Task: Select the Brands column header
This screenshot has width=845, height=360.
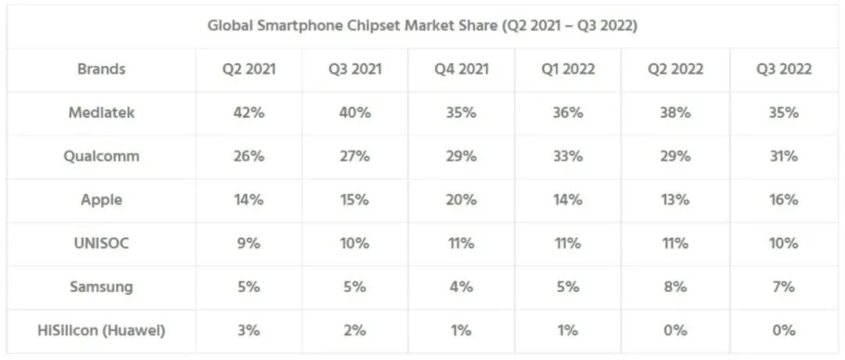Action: [101, 69]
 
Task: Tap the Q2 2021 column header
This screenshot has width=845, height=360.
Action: [249, 69]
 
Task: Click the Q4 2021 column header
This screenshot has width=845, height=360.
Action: [462, 69]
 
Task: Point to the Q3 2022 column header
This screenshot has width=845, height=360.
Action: [783, 69]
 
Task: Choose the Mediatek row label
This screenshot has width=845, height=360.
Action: [101, 113]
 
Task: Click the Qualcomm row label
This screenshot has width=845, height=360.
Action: [101, 157]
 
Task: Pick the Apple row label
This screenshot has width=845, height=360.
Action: [101, 200]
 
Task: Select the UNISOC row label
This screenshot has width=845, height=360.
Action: [101, 243]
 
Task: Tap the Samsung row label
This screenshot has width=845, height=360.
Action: [101, 286]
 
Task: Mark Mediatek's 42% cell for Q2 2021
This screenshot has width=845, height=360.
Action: [249, 113]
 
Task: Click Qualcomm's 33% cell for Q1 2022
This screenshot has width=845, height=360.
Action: [567, 157]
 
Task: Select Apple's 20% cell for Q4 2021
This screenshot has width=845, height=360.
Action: [462, 200]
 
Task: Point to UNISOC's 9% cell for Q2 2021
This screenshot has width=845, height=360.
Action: [249, 243]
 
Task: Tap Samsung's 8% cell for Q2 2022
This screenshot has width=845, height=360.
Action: [676, 286]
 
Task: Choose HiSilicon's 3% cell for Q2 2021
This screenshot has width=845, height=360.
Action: [249, 330]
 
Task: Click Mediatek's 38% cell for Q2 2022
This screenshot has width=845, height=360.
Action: [676, 113]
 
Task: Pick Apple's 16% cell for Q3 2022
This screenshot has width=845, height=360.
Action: [783, 200]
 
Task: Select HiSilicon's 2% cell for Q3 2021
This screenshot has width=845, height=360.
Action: [354, 330]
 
